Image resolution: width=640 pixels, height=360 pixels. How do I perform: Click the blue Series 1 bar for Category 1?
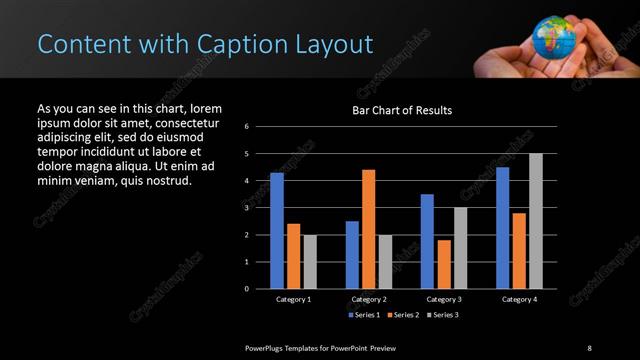pyautogui.click(x=277, y=230)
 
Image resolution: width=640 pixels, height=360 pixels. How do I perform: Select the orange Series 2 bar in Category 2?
pyautogui.click(x=368, y=229)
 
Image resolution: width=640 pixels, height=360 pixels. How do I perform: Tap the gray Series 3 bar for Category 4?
pyautogui.click(x=536, y=221)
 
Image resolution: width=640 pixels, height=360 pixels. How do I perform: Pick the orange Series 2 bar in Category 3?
pyautogui.click(x=444, y=264)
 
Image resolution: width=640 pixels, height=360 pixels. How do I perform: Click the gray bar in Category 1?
pyautogui.click(x=310, y=261)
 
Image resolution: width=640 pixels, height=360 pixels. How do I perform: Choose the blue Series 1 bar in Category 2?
pyautogui.click(x=352, y=254)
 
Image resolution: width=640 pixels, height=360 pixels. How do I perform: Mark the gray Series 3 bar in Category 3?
pyautogui.click(x=460, y=248)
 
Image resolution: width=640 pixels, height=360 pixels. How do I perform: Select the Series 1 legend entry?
pyautogui.click(x=362, y=314)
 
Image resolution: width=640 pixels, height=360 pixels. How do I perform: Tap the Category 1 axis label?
pyautogui.click(x=293, y=299)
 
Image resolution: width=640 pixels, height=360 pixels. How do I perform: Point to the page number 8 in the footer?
pyautogui.click(x=589, y=347)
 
